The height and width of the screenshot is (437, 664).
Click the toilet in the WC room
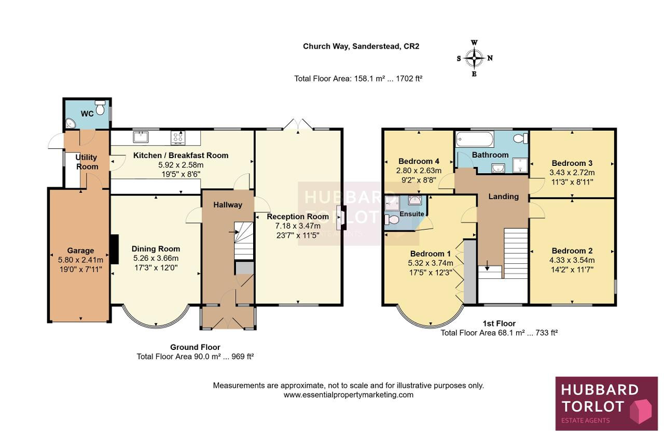pyautogui.click(x=100, y=107)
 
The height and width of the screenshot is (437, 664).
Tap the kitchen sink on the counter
pyautogui.click(x=141, y=137)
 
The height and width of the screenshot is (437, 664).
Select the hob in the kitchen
pyautogui.click(x=178, y=138)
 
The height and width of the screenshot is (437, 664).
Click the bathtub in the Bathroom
pyautogui.click(x=475, y=139)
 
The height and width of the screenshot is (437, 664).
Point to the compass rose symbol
pyautogui.click(x=474, y=58)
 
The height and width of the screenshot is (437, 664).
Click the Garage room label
pyautogui.click(x=80, y=250)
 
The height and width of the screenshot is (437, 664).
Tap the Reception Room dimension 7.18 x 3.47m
pyautogui.click(x=298, y=226)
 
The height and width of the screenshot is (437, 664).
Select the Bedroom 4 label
pyautogui.click(x=419, y=161)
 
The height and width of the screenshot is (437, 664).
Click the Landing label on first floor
pyautogui.click(x=504, y=196)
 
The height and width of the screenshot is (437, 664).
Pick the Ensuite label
pyautogui.click(x=412, y=214)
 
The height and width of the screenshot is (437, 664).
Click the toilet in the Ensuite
pyautogui.click(x=392, y=220)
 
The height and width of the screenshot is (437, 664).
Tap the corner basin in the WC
pyautogui.click(x=70, y=123)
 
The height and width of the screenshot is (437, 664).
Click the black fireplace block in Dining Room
pyautogui.click(x=114, y=249)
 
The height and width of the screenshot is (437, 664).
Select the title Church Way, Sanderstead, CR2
pyautogui.click(x=361, y=46)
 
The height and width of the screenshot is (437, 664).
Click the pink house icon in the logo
pyautogui.click(x=641, y=411)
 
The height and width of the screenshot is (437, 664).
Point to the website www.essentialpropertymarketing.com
pyautogui.click(x=348, y=394)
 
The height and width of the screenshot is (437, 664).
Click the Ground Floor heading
pyautogui.click(x=195, y=347)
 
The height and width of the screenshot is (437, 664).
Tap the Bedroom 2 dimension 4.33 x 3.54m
pyautogui.click(x=572, y=260)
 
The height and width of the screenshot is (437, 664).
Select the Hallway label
pyautogui.click(x=228, y=205)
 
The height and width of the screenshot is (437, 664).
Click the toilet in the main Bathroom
pyautogui.click(x=520, y=138)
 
